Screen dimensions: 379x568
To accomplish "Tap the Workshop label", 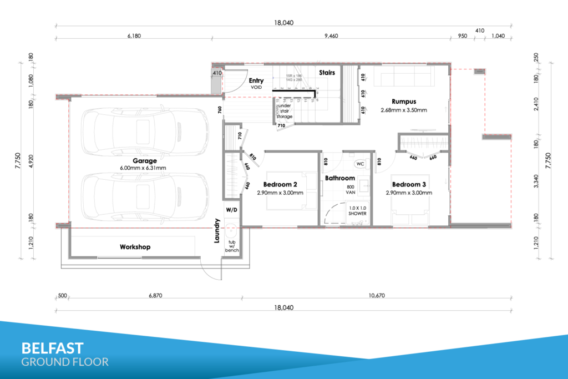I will [x=135, y=247].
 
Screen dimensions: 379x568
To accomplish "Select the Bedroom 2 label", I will [x=280, y=185].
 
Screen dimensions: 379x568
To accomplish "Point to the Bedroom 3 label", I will [x=409, y=185].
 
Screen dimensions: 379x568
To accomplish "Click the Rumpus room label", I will [x=404, y=102].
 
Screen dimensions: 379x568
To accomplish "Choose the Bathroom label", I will [x=339, y=178].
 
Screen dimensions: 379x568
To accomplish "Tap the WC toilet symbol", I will [x=360, y=165].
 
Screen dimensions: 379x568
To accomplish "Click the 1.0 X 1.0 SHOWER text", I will [x=357, y=210].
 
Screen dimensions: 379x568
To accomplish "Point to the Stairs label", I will [x=327, y=72].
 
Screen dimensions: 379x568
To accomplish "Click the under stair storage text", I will [x=285, y=111].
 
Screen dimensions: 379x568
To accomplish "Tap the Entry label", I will [x=256, y=81].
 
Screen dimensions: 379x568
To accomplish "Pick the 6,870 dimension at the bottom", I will [x=155, y=296].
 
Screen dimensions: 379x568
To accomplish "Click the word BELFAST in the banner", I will [x=52, y=348].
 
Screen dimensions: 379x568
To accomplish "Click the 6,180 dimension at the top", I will [x=135, y=36].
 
